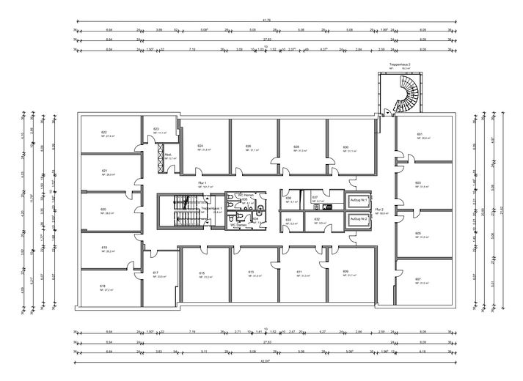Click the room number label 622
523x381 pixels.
pyautogui.click(x=104, y=132)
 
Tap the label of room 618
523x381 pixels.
pyautogui.click(x=103, y=286)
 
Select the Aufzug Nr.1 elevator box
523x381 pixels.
pyautogui.click(x=358, y=200)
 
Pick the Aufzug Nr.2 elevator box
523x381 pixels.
pyautogui.click(x=358, y=220)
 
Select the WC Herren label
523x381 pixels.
pyautogui.click(x=244, y=195)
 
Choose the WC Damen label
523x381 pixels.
pyautogui.click(x=244, y=226)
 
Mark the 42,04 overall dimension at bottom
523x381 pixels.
pyautogui.click(x=266, y=361)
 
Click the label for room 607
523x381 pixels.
pyautogui.click(x=418, y=279)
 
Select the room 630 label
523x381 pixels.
pyautogui.click(x=345, y=147)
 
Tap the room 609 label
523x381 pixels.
pyautogui.click(x=345, y=272)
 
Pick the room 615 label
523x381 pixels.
pyautogui.click(x=202, y=273)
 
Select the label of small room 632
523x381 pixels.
pyautogui.click(x=317, y=219)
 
